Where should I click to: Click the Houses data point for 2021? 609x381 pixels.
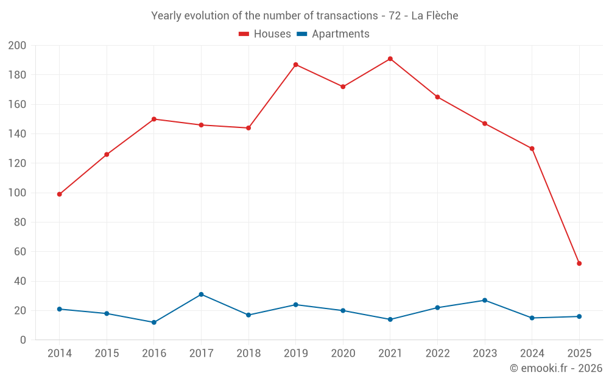click(390, 59)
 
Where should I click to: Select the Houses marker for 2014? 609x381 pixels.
click(60, 194)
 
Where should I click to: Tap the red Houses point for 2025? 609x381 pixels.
click(579, 263)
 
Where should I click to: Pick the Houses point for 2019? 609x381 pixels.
click(296, 65)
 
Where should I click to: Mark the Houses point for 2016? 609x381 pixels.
click(154, 119)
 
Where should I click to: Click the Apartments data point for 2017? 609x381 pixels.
click(201, 294)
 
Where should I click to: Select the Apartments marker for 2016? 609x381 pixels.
click(154, 322)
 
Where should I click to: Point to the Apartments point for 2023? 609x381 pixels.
click(485, 301)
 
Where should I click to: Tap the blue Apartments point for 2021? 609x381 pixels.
click(390, 319)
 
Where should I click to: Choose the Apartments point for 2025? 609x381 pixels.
click(579, 316)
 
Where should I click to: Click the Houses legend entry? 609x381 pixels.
click(265, 34)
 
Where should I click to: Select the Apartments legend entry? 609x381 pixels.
click(333, 34)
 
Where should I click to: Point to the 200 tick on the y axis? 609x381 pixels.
click(17, 46)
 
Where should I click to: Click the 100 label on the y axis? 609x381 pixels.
click(17, 193)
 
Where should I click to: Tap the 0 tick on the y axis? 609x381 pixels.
click(23, 340)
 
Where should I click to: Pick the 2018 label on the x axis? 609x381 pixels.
click(248, 354)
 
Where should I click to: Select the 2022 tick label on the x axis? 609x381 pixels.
click(437, 354)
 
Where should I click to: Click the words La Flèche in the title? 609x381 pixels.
click(435, 16)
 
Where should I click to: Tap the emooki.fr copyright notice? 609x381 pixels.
click(556, 368)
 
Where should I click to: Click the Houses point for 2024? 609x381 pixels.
click(532, 149)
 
